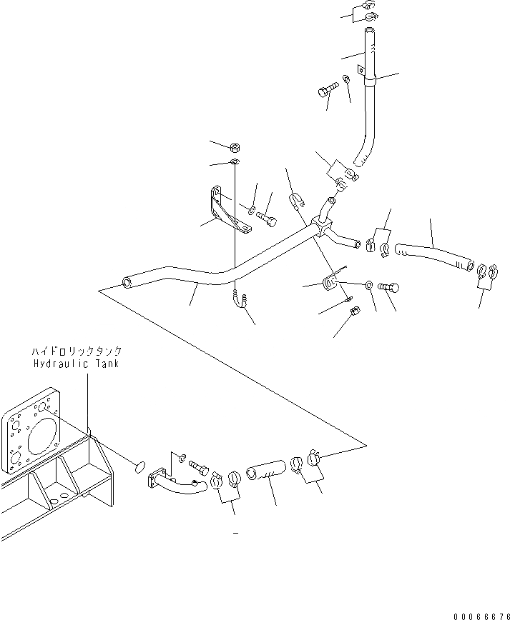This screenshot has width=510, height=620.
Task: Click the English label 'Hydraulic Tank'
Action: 77,364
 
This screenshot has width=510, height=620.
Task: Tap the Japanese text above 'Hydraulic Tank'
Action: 77,351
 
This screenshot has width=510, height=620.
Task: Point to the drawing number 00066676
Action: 481,614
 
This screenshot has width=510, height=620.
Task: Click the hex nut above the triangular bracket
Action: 235,147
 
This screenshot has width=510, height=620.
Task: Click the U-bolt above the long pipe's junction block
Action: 296,203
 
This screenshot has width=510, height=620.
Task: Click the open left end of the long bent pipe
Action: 127,283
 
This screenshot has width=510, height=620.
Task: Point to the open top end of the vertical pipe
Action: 368,31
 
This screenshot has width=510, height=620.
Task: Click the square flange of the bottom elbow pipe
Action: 156,479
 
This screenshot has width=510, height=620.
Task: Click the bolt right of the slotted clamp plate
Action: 391,287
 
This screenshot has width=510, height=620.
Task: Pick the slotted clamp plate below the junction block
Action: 330,282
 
